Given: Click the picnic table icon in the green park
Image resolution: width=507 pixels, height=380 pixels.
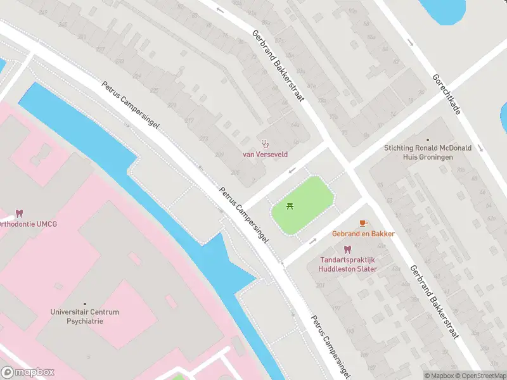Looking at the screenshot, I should point(290,206).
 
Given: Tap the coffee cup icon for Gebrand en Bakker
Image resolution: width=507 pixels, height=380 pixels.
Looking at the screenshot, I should point(363,223).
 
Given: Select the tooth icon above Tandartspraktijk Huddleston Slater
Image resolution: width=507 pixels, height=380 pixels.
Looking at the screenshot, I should point(347,250).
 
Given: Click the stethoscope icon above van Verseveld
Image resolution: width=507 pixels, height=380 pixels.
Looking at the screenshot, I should point(266,143).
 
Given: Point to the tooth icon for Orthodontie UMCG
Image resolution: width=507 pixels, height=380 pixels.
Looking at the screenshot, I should point(19,213).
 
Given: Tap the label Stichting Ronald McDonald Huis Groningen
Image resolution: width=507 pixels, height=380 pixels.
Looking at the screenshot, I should point(427,153).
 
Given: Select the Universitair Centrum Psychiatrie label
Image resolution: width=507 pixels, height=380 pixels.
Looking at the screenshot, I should point(85,316).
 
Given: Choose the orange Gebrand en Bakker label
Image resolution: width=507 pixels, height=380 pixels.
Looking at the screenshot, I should point(363,234).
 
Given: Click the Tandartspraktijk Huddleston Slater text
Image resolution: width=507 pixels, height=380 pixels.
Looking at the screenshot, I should point(347,264).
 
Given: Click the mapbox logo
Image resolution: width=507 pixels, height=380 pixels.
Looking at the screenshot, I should point(28,372).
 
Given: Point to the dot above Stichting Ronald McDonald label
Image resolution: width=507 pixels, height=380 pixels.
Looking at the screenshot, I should point(428,139).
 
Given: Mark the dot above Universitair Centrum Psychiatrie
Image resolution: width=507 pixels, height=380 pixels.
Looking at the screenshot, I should point(85,303).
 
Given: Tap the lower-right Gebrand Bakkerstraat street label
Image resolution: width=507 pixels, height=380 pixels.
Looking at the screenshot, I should point(434,302).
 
